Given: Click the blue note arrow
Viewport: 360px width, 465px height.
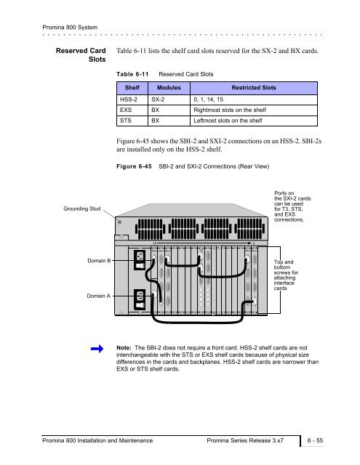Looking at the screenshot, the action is [x=97, y=349].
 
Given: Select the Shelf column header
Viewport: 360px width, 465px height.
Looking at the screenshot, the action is [x=132, y=88].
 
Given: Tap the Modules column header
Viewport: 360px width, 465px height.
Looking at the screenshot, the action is [x=169, y=88].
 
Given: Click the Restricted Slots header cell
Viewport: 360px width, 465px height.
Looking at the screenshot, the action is [x=254, y=88].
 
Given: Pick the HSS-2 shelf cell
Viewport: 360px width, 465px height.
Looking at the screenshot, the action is [x=132, y=100].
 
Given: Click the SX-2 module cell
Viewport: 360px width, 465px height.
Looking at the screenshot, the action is [x=169, y=100].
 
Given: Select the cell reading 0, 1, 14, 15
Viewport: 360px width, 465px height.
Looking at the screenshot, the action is [x=254, y=100].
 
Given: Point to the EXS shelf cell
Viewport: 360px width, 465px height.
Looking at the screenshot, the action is [x=132, y=110].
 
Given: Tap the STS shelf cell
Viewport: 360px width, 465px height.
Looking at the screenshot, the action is [x=132, y=121].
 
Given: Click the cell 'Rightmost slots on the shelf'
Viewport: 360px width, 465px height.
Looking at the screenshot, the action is [x=254, y=110].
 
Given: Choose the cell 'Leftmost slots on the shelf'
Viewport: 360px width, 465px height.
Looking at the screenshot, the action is [x=254, y=121].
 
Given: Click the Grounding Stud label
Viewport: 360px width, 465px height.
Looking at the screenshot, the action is [x=82, y=209].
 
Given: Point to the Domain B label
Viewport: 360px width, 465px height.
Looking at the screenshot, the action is [x=99, y=261].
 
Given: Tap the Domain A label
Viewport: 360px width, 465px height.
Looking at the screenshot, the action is [x=98, y=296].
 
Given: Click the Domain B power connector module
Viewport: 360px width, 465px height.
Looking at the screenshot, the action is [x=140, y=260].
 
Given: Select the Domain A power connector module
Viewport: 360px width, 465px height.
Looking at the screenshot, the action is [x=140, y=299].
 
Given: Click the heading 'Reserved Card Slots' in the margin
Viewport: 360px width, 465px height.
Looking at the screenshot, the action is [x=81, y=55].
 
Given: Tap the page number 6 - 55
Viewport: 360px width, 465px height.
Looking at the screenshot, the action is [x=315, y=441].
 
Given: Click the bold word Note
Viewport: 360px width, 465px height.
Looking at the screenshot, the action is [x=124, y=347].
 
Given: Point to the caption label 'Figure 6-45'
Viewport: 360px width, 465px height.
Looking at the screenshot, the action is [x=134, y=166].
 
